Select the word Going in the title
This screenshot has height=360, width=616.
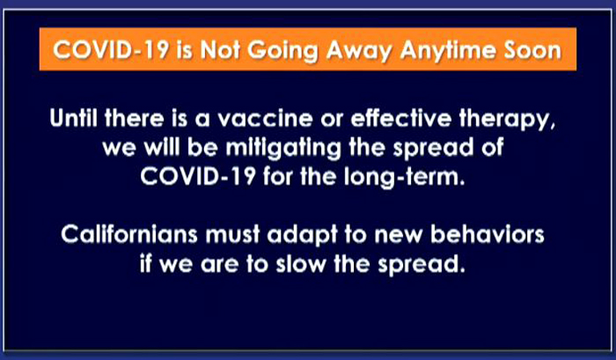[x=282, y=51]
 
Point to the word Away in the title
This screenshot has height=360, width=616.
[x=359, y=51]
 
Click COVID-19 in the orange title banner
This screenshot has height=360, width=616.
[x=111, y=50]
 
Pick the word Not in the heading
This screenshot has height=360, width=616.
[x=220, y=50]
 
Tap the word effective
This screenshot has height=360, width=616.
[x=401, y=118]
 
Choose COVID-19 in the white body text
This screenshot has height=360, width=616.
[x=198, y=176]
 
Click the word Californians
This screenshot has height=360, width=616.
[x=129, y=234]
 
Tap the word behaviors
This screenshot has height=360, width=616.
[x=488, y=234]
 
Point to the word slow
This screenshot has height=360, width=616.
[x=301, y=264]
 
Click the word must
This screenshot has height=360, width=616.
[x=233, y=235]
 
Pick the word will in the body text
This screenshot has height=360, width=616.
[x=161, y=147]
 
